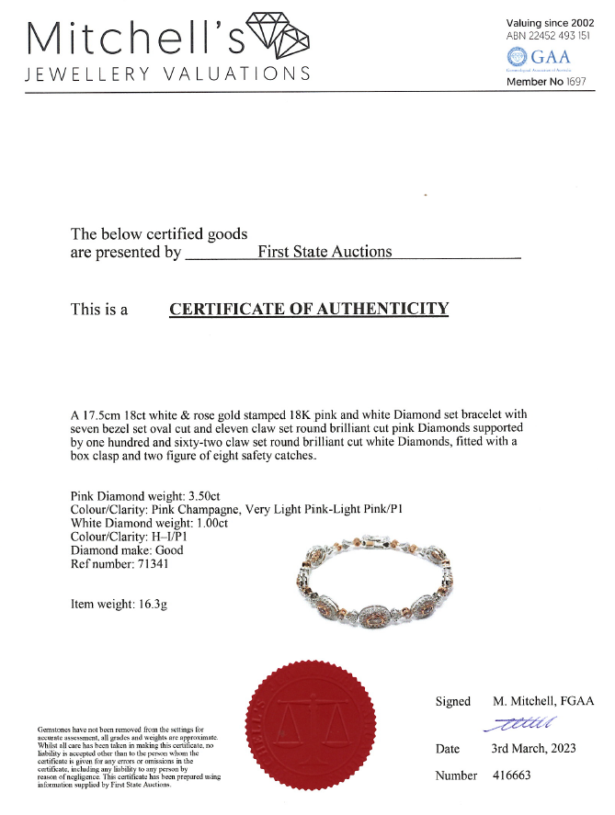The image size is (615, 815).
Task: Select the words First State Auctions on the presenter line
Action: pos(325,251)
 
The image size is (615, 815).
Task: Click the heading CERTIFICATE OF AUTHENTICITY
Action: pos(309,309)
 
